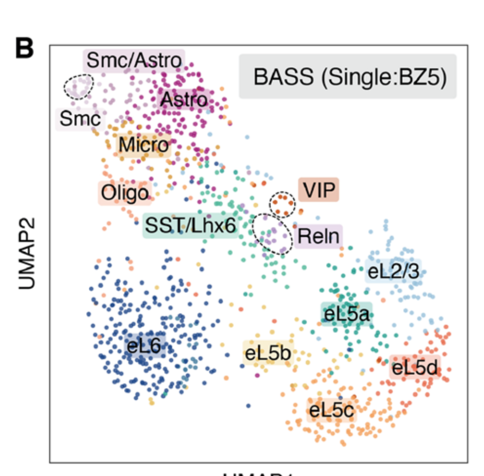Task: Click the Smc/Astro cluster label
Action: pyautogui.click(x=134, y=60)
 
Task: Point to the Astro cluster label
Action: pyautogui.click(x=184, y=100)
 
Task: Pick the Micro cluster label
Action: pyautogui.click(x=143, y=146)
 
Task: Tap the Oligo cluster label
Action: pyautogui.click(x=125, y=193)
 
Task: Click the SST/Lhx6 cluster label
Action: pyautogui.click(x=191, y=226)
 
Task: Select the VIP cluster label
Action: pyautogui.click(x=319, y=191)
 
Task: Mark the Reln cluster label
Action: pyautogui.click(x=319, y=236)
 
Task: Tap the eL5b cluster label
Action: pyautogui.click(x=268, y=353)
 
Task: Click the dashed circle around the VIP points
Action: pyautogui.click(x=282, y=204)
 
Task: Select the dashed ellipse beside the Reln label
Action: pyautogui.click(x=274, y=234)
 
